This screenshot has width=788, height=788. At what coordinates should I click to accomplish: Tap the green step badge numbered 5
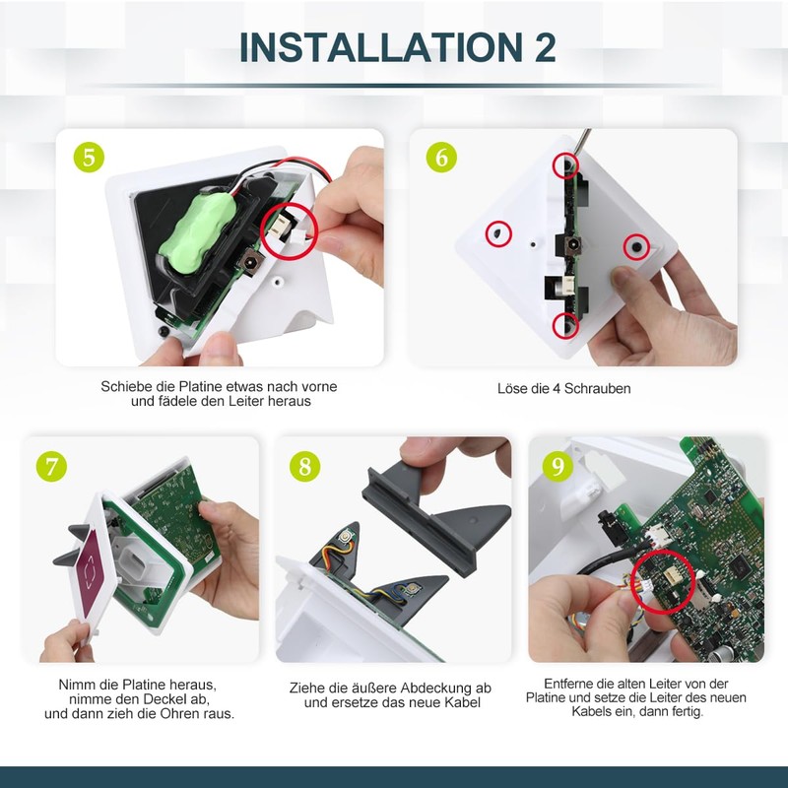(91, 157)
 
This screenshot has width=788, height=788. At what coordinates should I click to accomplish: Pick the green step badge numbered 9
(558, 465)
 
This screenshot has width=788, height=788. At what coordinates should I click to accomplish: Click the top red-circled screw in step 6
(564, 164)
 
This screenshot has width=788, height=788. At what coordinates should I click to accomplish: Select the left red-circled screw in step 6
(498, 232)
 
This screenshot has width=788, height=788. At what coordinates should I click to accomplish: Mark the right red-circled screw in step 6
(635, 243)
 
